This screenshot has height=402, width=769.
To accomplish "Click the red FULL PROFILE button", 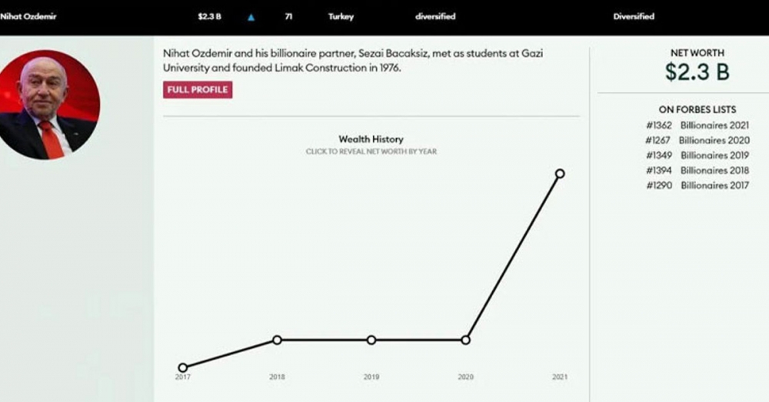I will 198,90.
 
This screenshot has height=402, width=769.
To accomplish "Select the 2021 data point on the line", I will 560,174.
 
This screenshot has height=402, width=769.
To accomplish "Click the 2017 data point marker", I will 182,367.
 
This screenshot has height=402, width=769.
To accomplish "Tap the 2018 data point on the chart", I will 277,340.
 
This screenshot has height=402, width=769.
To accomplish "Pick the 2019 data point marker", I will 371,340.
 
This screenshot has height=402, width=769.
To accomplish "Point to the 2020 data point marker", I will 465,340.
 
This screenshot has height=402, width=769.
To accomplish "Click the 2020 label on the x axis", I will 465,377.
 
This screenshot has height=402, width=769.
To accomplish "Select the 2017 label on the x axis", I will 182,377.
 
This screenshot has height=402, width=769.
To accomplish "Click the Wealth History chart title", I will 371,139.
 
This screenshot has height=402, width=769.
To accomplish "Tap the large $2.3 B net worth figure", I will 697,73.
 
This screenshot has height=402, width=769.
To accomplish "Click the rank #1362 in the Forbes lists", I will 659,125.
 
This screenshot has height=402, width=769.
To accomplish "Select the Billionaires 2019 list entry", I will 714,155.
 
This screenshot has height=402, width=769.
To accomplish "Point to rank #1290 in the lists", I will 659,185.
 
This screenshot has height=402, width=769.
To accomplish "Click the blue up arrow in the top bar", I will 251,17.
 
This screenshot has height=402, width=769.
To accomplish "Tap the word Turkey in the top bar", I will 341,17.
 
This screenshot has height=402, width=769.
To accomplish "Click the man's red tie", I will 51,138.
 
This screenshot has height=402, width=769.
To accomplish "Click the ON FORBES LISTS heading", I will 697,110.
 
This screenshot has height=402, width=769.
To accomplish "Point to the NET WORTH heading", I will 697,53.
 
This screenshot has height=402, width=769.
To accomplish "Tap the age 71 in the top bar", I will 288,17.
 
